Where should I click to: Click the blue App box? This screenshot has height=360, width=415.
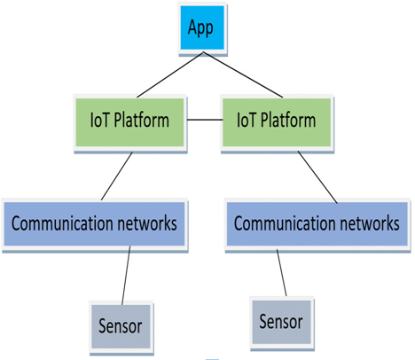click(x=202, y=28)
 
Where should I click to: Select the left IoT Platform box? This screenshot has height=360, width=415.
click(x=130, y=122)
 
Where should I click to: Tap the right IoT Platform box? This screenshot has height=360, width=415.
click(x=277, y=122)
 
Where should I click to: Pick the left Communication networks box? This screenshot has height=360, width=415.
click(x=95, y=224)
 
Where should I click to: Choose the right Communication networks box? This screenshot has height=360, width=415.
click(x=317, y=224)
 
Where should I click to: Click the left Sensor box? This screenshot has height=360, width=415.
click(x=121, y=327)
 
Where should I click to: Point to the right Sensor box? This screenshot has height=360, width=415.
click(x=282, y=323)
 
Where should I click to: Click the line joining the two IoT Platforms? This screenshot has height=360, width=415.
click(x=205, y=120)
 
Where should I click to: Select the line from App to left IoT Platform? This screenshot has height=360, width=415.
click(x=170, y=74)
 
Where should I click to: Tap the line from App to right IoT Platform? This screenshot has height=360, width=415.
click(x=243, y=74)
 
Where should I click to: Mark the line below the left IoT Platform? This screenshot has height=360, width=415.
click(x=117, y=176)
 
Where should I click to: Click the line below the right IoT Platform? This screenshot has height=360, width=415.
click(x=317, y=177)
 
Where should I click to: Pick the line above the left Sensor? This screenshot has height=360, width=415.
click(x=126, y=276)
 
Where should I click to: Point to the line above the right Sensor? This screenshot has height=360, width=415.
click(x=281, y=273)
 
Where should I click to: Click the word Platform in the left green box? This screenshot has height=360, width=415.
click(x=142, y=121)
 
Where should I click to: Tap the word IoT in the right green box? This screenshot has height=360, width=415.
click(x=247, y=120)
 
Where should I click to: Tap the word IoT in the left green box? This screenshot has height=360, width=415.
click(x=100, y=120)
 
